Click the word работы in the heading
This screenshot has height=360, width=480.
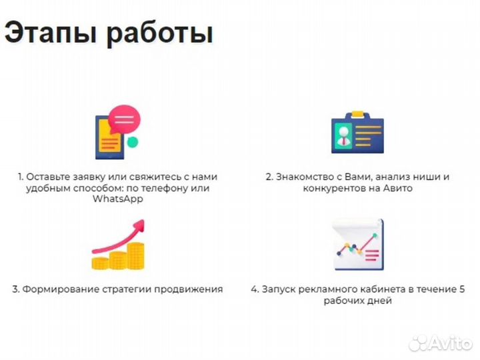point(159,33)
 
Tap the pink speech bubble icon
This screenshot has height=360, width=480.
point(123,121)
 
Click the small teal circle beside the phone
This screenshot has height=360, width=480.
point(133,142)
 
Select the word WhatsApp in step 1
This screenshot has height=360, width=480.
point(118,199)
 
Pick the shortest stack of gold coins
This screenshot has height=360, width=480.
point(100,261)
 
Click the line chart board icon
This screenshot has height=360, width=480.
point(357,245)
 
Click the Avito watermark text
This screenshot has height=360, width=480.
point(449,343)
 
